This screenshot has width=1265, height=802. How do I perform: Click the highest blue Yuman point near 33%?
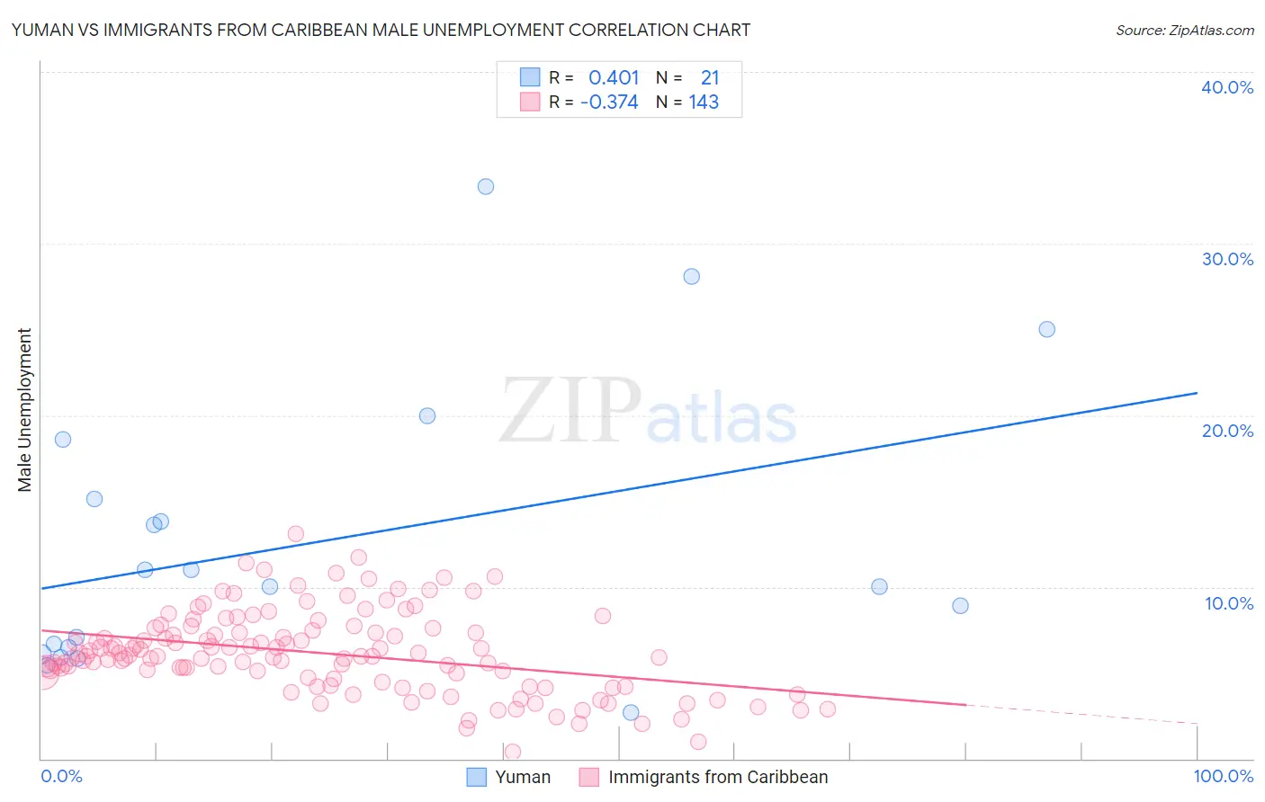coord(486,187)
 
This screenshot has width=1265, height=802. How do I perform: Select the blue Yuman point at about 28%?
coord(692,277)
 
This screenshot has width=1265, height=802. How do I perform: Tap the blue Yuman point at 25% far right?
coord(1047,330)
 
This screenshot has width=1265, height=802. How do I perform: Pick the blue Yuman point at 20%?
coord(427,416)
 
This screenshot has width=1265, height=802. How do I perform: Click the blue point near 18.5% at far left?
coord(63,440)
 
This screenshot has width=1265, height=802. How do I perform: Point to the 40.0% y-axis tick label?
coord(1227,88)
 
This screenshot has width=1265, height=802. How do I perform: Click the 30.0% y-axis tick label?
coord(1227,260)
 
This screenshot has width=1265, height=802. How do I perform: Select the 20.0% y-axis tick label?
coord(1227,432)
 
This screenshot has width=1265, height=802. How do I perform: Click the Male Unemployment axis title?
coord(25,410)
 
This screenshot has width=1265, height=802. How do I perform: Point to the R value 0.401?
coord(614,78)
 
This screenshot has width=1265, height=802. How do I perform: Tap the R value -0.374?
coord(609,102)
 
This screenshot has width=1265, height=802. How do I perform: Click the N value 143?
coord(704,102)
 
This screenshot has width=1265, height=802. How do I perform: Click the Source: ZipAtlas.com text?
coord(1184,31)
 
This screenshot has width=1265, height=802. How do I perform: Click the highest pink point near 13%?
coord(296,534)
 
